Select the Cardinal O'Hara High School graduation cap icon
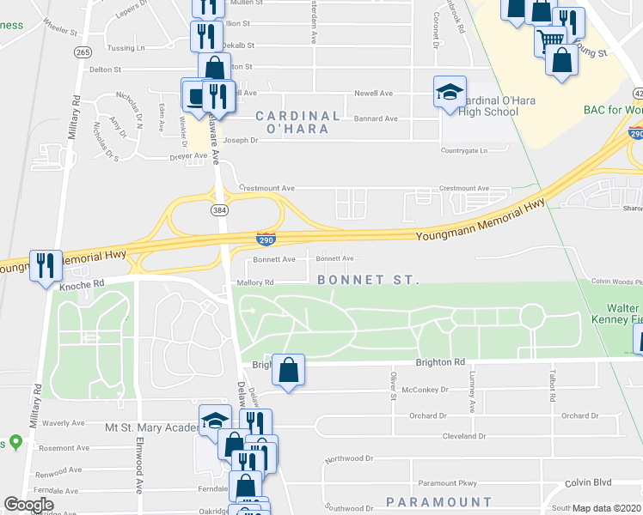click(450, 94)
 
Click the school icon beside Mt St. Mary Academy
click(215, 421)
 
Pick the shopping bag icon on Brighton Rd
click(290, 370)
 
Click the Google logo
click(28, 505)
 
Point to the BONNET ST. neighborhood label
click(367, 281)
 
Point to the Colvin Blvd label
click(588, 483)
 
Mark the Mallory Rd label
click(255, 282)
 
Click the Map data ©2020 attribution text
click(607, 508)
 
